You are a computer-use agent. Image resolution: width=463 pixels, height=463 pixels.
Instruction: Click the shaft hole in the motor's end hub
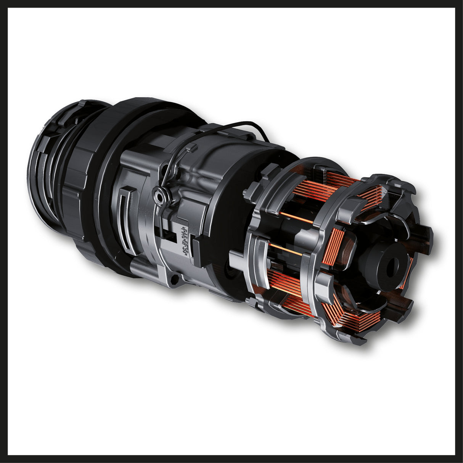tap(392, 268)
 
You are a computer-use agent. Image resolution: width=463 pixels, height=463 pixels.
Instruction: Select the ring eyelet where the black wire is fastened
tap(157, 195)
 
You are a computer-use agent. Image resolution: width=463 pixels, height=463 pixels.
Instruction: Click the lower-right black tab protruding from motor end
tap(408, 301)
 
